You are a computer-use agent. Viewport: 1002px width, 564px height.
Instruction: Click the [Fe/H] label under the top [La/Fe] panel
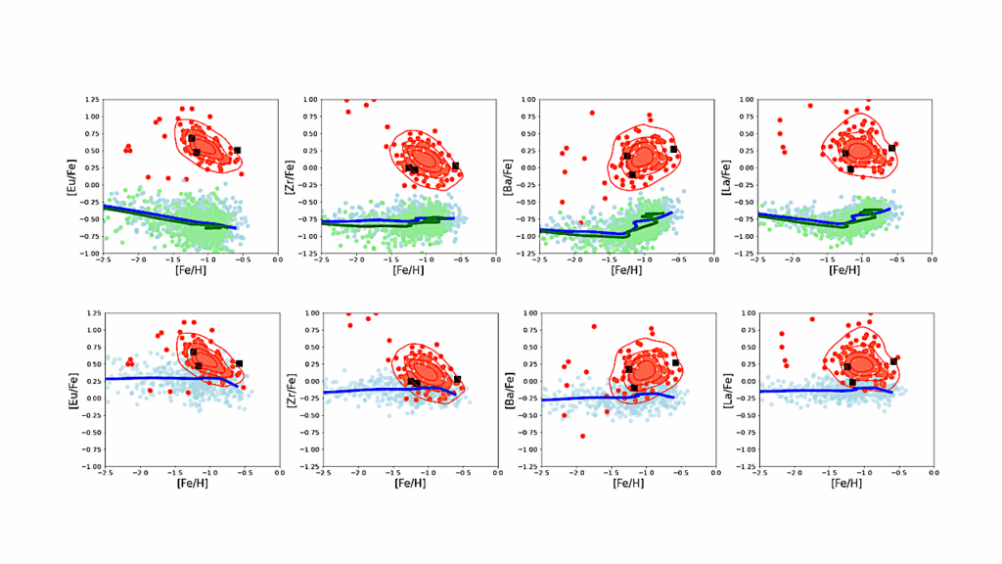point(844,270)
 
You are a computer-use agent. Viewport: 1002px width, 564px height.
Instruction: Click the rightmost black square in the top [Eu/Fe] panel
point(237,150)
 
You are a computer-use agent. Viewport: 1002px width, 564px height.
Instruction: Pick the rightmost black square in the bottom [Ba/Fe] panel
point(674,362)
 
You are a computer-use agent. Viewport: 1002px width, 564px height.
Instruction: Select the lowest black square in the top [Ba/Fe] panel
point(632,174)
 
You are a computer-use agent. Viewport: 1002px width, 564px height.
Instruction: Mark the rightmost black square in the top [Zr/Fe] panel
point(455,166)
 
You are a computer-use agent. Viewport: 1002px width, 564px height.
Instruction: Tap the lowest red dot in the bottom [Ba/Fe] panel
point(582,436)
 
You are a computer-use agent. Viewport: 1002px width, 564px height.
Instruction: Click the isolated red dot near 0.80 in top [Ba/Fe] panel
point(592,113)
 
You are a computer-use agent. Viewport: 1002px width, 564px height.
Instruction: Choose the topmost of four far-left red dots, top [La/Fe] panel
point(780,120)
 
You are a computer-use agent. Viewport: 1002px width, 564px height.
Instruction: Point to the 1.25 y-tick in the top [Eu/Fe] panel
point(92,99)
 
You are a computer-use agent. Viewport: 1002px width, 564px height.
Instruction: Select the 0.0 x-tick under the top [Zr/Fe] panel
point(497,259)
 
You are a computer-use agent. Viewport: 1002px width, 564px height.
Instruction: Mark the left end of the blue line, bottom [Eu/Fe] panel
point(104,378)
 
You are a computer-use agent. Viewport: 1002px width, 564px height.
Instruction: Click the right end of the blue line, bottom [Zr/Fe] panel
point(454,394)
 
